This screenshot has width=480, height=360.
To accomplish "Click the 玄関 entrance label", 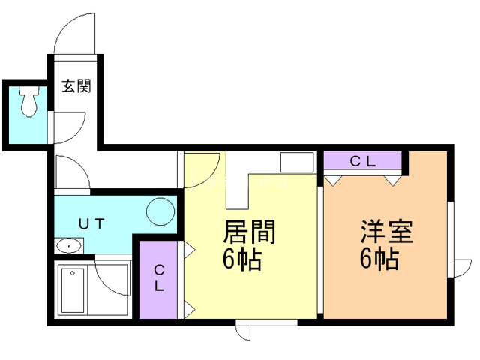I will [x=76, y=86].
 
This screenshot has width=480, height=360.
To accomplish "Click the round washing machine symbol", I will [x=159, y=210].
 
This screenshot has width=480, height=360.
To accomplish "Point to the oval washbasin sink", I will [x=70, y=246].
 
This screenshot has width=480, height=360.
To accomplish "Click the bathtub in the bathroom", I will [x=73, y=289].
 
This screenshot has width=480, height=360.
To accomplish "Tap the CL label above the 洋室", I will [x=364, y=160].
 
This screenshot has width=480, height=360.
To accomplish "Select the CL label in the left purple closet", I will [x=160, y=277].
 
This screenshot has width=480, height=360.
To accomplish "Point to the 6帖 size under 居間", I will [x=241, y=259].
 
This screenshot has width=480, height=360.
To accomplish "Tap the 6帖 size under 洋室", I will [x=378, y=259].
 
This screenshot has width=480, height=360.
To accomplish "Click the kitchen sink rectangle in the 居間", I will [x=297, y=161].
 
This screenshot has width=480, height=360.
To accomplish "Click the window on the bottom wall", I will [x=267, y=323].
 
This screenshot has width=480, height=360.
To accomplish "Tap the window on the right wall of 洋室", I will [x=451, y=240].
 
